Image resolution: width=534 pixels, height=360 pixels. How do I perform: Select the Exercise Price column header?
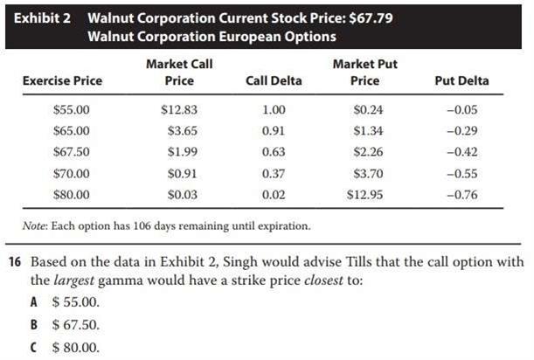pos(62,80)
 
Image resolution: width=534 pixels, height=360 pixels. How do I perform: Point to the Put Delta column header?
pos(461,80)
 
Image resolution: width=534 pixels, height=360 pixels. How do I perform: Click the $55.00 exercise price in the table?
pos(71,110)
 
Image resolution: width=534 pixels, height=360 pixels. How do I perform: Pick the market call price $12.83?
pos(179,110)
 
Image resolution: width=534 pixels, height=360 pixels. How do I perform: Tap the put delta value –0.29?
pos(461,131)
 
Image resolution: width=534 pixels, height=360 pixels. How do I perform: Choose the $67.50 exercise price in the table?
pos(71,152)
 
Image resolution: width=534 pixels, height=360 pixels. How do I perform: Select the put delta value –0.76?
pos(461,194)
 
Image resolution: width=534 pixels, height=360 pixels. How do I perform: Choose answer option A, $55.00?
pos(77,302)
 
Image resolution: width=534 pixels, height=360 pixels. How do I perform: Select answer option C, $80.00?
pos(77,346)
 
